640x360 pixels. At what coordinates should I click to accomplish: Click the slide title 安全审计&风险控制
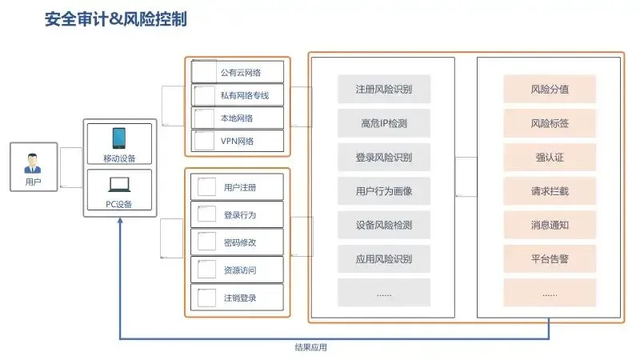pyautogui.click(x=116, y=19)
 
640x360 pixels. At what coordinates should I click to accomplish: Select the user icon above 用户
pyautogui.click(x=33, y=163)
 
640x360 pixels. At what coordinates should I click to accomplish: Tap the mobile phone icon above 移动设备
pyautogui.click(x=119, y=138)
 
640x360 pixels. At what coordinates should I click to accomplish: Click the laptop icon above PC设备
pyautogui.click(x=119, y=185)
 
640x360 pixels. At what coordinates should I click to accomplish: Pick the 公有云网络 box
pyautogui.click(x=238, y=72)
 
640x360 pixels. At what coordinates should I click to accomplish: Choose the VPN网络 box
pyautogui.click(x=238, y=142)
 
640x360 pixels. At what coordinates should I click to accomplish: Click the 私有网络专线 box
pyautogui.click(x=238, y=95)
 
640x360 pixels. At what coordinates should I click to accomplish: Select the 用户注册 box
pyautogui.click(x=238, y=188)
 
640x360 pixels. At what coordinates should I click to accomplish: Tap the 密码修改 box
pyautogui.click(x=238, y=242)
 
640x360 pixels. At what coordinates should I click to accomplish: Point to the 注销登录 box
pyautogui.click(x=238, y=298)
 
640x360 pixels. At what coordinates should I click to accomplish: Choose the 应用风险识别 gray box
pyautogui.click(x=384, y=258)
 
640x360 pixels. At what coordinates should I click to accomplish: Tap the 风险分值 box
pyautogui.click(x=550, y=89)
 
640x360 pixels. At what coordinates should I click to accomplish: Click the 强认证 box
pyautogui.click(x=550, y=157)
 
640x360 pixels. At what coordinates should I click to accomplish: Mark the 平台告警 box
pyautogui.click(x=550, y=258)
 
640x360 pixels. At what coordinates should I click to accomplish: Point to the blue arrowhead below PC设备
pyautogui.click(x=120, y=224)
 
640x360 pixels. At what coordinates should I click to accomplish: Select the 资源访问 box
pyautogui.click(x=238, y=270)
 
